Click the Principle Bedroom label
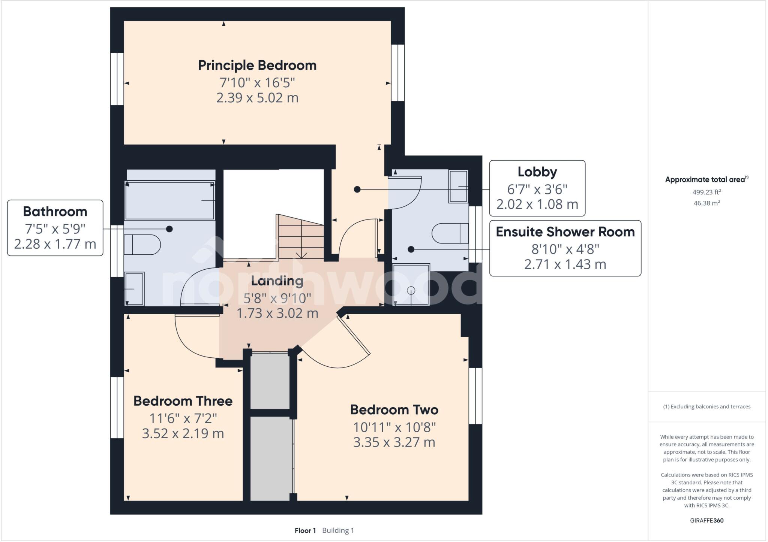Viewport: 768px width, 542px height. pyautogui.click(x=257, y=66)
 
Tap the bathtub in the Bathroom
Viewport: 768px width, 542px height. pyautogui.click(x=169, y=201)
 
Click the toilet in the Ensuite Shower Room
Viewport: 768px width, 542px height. pyautogui.click(x=450, y=233)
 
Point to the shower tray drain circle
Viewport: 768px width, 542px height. pyautogui.click(x=411, y=290)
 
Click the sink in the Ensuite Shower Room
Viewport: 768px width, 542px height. pyautogui.click(x=458, y=187)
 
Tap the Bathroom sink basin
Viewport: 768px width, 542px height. pyautogui.click(x=134, y=288)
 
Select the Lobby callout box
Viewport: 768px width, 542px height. pyautogui.click(x=537, y=188)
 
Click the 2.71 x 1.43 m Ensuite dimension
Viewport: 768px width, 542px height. pyautogui.click(x=565, y=264)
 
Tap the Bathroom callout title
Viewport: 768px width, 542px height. pyautogui.click(x=55, y=212)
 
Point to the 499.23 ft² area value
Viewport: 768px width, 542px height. pyautogui.click(x=706, y=192)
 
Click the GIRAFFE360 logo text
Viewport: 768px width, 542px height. pyautogui.click(x=706, y=520)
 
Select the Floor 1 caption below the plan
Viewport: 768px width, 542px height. pyautogui.click(x=305, y=530)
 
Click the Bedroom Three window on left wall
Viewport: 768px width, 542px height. pyautogui.click(x=117, y=407)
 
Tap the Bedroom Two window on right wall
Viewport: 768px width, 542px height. pyautogui.click(x=475, y=396)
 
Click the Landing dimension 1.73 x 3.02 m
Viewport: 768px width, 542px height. pyautogui.click(x=277, y=313)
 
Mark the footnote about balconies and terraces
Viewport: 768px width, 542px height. pyautogui.click(x=706, y=406)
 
